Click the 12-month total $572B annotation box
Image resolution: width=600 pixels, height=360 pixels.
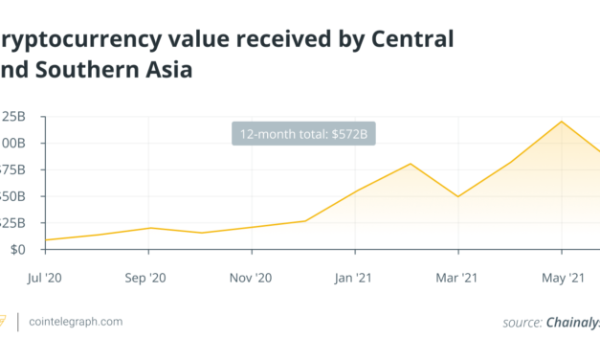click(x=304, y=133)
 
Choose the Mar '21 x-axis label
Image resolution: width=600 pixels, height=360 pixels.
click(x=458, y=278)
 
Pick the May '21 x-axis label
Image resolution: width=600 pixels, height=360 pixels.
click(x=563, y=278)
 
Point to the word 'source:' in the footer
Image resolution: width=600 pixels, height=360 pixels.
click(x=522, y=323)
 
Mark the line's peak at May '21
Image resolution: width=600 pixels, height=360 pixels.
click(x=562, y=122)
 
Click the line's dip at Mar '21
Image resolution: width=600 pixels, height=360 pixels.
click(x=458, y=196)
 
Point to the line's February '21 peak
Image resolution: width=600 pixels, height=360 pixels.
click(x=411, y=164)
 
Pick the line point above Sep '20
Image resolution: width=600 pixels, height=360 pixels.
click(x=149, y=228)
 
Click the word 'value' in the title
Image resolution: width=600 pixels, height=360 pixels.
click(x=185, y=39)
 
